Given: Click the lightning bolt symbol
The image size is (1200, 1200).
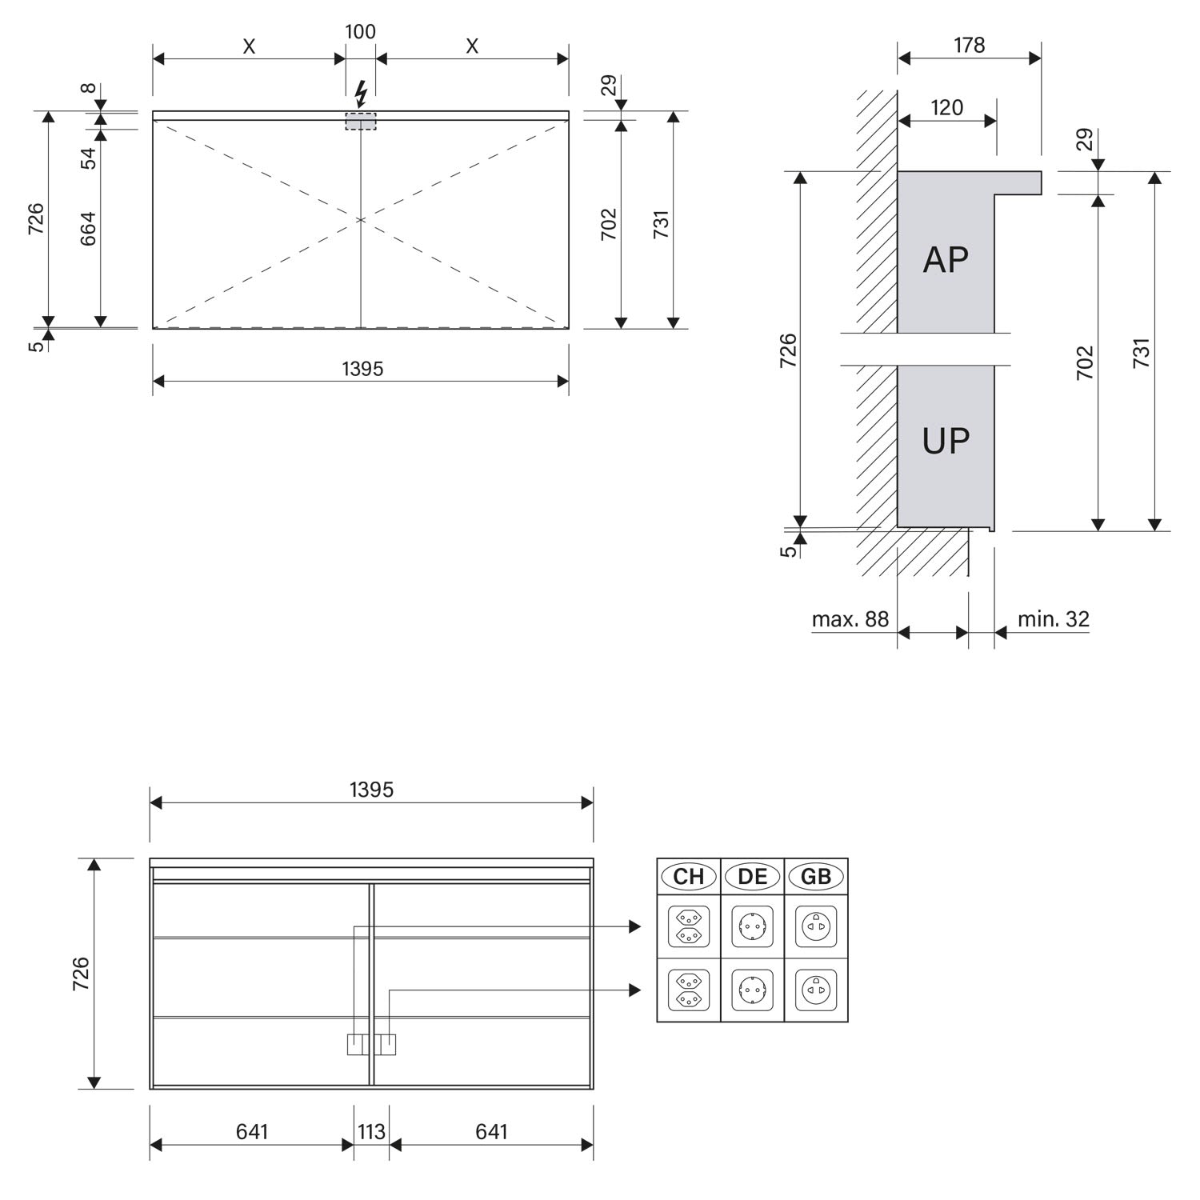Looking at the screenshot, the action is [x=361, y=94].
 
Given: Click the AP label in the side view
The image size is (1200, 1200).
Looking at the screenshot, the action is [x=946, y=259].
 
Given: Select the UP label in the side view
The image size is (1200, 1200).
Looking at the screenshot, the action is [x=946, y=441].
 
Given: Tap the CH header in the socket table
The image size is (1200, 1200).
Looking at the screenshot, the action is [x=688, y=877].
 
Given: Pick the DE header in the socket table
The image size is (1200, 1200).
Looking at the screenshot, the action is [x=752, y=877].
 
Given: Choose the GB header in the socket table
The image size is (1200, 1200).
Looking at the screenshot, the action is [x=816, y=877].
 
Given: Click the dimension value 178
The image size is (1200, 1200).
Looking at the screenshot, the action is [x=969, y=45].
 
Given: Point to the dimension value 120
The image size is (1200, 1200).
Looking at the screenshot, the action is [x=947, y=107].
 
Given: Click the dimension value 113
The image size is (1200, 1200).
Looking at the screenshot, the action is [x=371, y=1131].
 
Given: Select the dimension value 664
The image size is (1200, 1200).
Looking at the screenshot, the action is [x=88, y=229].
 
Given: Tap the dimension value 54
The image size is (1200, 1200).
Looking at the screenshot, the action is [x=88, y=158].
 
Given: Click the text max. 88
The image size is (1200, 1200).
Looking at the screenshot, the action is [x=850, y=619].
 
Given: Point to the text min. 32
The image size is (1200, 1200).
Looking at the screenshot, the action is [x=1054, y=619].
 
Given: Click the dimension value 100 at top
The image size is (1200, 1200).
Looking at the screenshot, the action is [x=360, y=32].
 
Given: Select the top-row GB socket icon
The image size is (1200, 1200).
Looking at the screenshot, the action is [x=816, y=926].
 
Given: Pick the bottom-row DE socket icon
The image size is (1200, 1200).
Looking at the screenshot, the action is [x=752, y=990].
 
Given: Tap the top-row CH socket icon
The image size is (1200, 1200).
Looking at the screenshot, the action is [x=688, y=926].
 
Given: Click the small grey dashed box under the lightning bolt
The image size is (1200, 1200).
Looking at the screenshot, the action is [x=361, y=122].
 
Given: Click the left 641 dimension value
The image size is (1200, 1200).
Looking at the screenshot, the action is [x=252, y=1131].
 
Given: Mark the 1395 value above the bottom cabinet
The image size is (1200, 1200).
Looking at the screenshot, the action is [x=371, y=790].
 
